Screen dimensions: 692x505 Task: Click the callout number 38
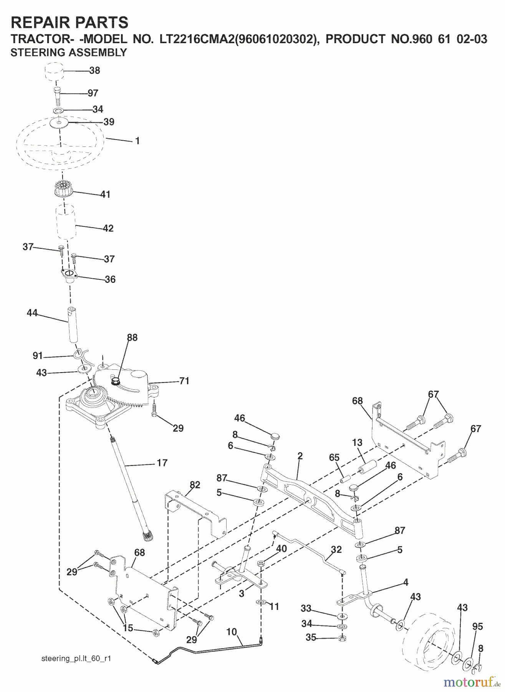click(x=94, y=70)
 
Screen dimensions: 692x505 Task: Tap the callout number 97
click(x=93, y=93)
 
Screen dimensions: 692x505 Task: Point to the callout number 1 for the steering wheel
click(x=137, y=141)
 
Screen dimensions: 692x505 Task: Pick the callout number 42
click(x=108, y=228)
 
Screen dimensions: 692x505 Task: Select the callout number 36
click(x=110, y=279)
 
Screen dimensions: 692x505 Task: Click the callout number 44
click(x=32, y=313)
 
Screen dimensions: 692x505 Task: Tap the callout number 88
click(x=132, y=338)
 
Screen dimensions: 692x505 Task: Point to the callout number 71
click(x=184, y=381)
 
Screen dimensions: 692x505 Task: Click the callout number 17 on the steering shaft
click(x=162, y=463)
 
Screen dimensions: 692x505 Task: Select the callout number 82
click(x=195, y=485)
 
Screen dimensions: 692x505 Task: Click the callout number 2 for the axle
click(x=300, y=456)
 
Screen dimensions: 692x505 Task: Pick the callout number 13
click(x=357, y=442)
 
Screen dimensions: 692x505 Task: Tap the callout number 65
click(x=334, y=458)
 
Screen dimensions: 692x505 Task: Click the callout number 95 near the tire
click(x=477, y=627)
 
